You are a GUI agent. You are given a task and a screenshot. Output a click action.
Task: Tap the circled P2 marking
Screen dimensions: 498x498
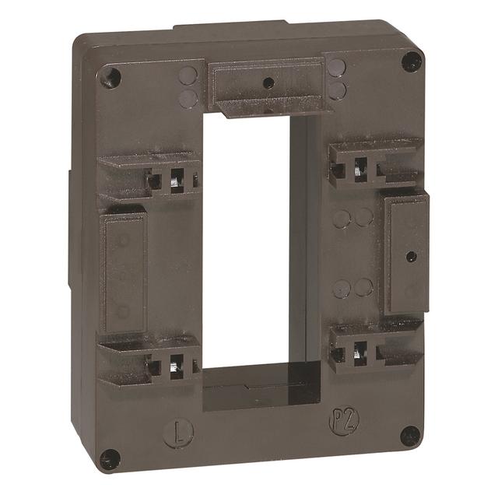(335, 425)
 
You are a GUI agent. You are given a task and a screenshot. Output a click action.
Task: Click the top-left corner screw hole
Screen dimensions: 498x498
(114, 77)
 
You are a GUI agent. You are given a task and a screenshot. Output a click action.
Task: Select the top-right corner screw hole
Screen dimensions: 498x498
(411, 61)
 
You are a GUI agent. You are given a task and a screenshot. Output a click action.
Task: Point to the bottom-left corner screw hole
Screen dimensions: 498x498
(110, 459)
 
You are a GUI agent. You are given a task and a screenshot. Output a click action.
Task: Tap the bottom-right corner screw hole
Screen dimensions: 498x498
(409, 436)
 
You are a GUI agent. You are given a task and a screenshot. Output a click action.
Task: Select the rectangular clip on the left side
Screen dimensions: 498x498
(123, 272)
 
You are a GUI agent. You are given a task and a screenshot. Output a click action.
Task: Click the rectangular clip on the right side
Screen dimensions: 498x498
(406, 253)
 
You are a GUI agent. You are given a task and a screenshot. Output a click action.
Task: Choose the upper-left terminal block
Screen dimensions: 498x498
(152, 177)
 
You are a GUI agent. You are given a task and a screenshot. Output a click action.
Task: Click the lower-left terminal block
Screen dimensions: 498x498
(152, 359)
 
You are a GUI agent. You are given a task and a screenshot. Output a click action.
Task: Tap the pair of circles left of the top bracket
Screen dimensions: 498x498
(188, 86)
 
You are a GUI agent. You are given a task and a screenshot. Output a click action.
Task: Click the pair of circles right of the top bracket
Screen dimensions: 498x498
(336, 79)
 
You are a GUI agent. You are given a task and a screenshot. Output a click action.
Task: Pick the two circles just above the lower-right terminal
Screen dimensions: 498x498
(352, 287)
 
